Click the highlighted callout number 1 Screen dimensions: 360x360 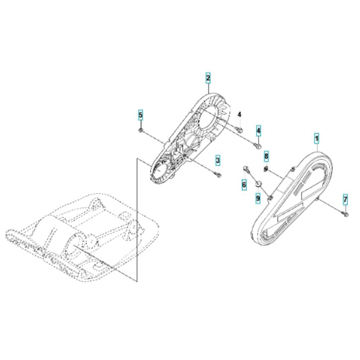[x=316, y=139]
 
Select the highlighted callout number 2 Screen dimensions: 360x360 [x=208, y=78]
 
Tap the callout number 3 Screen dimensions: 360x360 [x=218, y=160]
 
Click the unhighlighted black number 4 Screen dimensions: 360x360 [x=239, y=114]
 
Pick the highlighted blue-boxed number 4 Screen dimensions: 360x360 [x=258, y=131]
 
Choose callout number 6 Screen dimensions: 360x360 [x=244, y=184]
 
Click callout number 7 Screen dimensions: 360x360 [x=345, y=199]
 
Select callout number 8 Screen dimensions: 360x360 [x=266, y=156]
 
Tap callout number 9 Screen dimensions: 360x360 [x=258, y=198]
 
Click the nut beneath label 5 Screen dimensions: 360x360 [x=140, y=130]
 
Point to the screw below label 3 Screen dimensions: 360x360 [x=218, y=175]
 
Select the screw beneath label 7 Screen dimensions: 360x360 [x=346, y=214]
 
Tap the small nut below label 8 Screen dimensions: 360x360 [x=266, y=169]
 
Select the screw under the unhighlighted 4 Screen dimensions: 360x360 [x=239, y=130]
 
